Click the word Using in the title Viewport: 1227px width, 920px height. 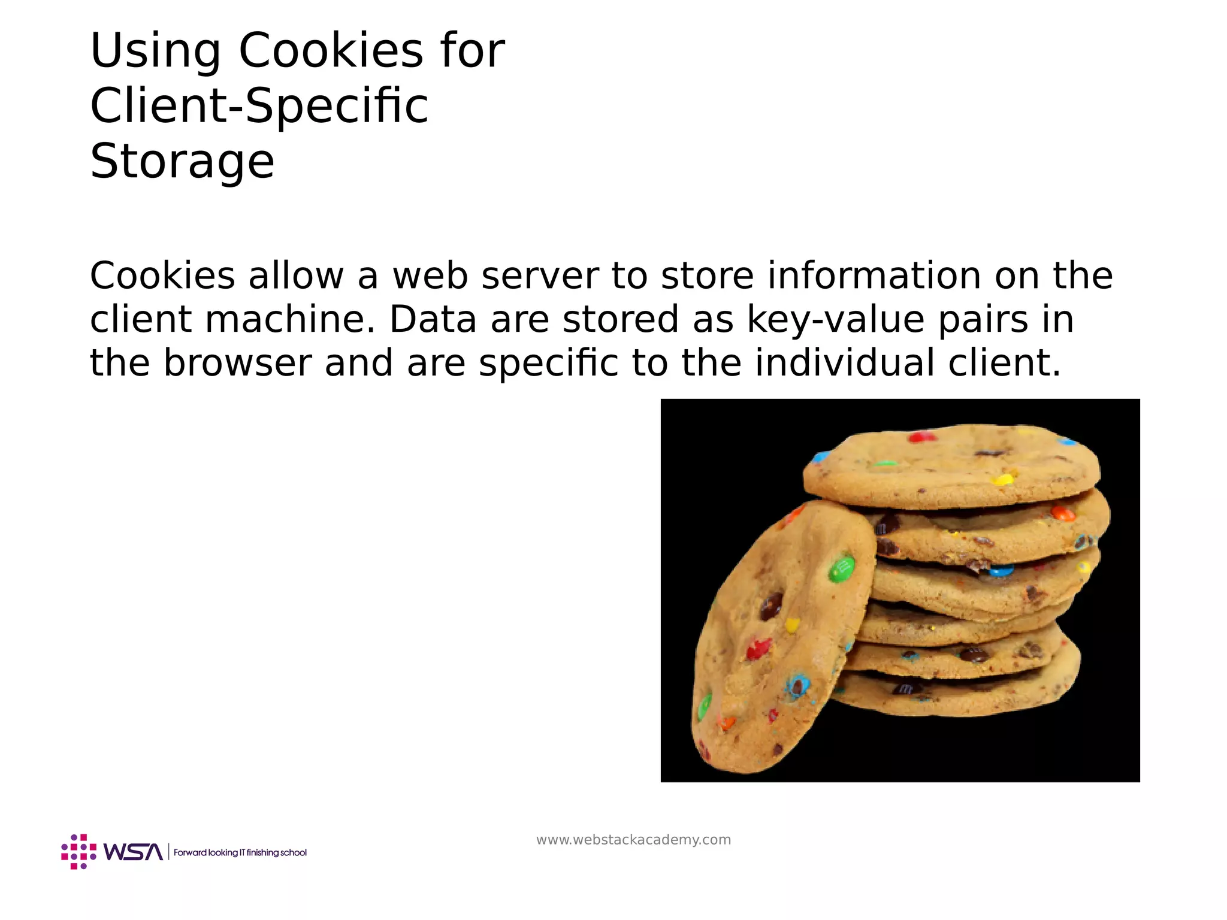tap(155, 52)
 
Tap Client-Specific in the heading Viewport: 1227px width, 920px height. tap(259, 107)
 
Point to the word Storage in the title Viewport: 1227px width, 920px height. tap(182, 162)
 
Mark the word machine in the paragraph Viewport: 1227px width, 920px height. tap(292, 319)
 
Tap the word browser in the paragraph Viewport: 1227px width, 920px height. tap(237, 363)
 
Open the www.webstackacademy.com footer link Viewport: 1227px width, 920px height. tap(633, 840)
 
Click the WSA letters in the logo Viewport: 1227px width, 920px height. tap(133, 852)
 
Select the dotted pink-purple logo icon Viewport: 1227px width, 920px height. tap(78, 851)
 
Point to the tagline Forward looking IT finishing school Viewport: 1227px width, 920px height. tap(240, 852)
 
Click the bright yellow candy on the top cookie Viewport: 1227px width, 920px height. tap(1002, 479)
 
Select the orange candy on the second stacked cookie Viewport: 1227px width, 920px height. tap(1063, 513)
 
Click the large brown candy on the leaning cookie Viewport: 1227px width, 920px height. tap(771, 606)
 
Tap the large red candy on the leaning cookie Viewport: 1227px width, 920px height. tap(758, 649)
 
